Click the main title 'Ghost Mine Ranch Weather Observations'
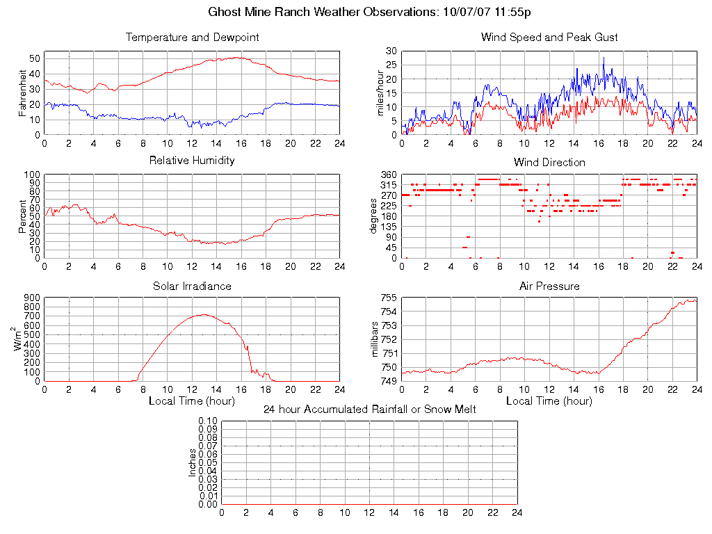324,13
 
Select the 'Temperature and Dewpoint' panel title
192,38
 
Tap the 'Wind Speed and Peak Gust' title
549,38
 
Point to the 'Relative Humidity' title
192,161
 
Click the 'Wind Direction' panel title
549,163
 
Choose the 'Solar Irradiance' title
192,286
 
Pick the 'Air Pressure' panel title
549,286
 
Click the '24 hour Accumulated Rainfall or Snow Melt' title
369,410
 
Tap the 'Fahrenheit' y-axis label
22,92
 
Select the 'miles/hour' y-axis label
380,92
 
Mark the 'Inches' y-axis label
193,462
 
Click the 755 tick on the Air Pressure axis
388,298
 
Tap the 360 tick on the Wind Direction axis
388,175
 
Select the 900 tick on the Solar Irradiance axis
31,298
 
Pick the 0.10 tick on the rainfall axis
208,421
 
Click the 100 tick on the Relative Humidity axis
31,175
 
